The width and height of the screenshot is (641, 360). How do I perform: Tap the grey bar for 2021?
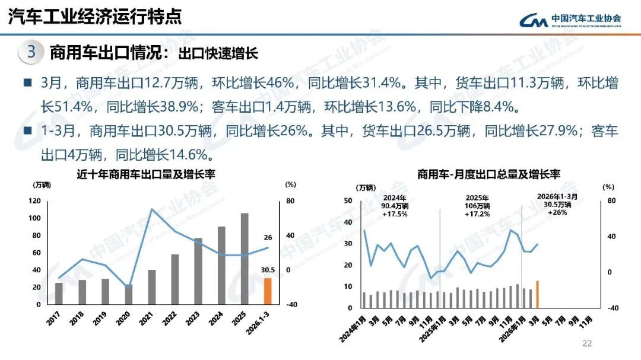click(151, 286)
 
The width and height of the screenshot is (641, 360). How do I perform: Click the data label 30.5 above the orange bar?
click(268, 270)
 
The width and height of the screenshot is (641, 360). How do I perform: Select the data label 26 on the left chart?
click(268, 238)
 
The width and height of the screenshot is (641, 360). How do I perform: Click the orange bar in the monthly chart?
click(537, 295)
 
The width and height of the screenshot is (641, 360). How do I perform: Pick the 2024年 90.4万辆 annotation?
click(395, 205)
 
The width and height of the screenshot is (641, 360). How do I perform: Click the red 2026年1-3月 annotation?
click(557, 203)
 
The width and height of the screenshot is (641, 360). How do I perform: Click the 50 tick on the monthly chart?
click(348, 200)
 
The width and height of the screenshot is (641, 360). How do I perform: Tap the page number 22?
click(588, 343)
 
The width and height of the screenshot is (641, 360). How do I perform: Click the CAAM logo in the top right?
click(570, 20)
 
